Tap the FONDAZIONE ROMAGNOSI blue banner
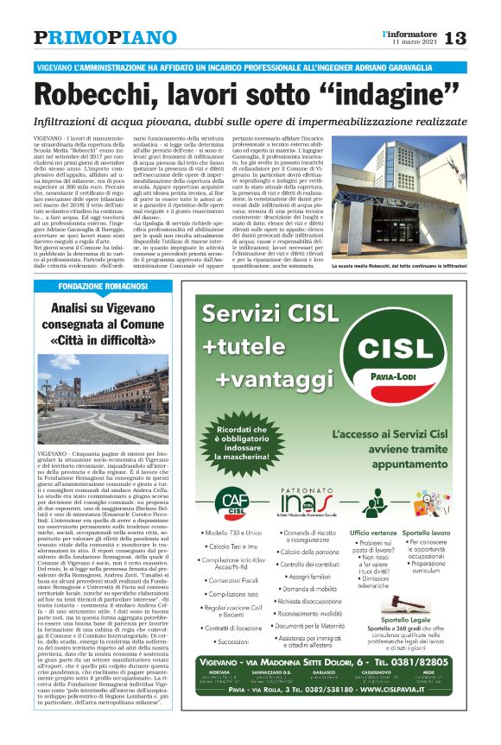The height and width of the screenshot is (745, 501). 110,286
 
